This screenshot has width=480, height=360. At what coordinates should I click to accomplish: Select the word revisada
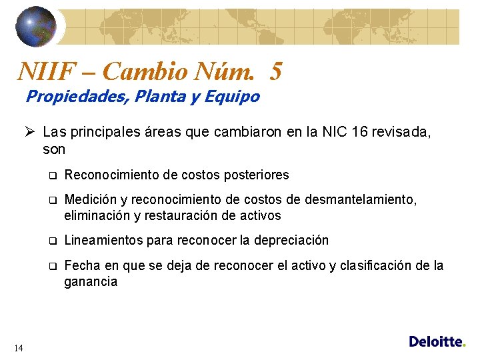tap(406, 132)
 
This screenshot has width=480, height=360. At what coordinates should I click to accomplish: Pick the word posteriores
tap(256, 175)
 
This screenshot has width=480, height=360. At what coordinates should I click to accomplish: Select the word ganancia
tap(91, 281)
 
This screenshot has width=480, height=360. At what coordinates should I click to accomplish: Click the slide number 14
tap(19, 347)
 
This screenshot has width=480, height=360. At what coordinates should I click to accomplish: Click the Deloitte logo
tap(437, 341)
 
